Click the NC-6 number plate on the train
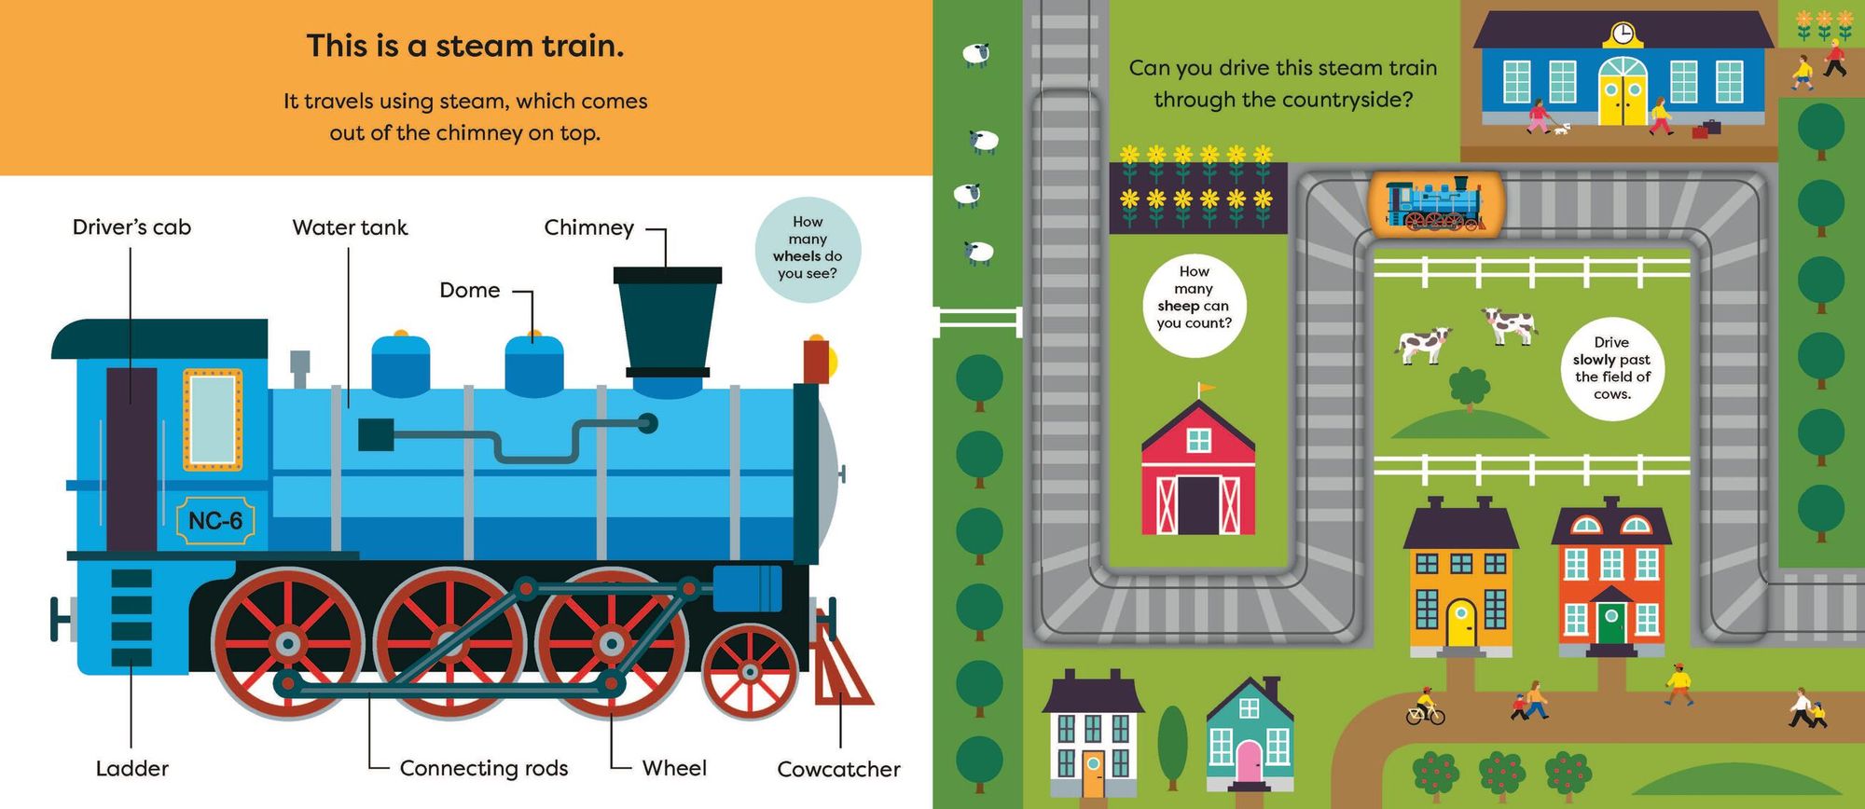point(215,521)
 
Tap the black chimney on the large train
point(668,321)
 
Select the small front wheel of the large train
point(750,671)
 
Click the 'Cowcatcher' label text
point(838,769)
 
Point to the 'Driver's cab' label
point(131,227)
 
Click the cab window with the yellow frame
point(213,419)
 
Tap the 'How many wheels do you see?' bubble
point(808,249)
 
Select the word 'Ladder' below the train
point(132,769)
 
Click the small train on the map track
point(1435,202)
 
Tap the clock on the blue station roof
point(1623,34)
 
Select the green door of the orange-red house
point(1611,624)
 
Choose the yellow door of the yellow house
point(1460,623)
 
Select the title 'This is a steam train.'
point(465,47)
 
